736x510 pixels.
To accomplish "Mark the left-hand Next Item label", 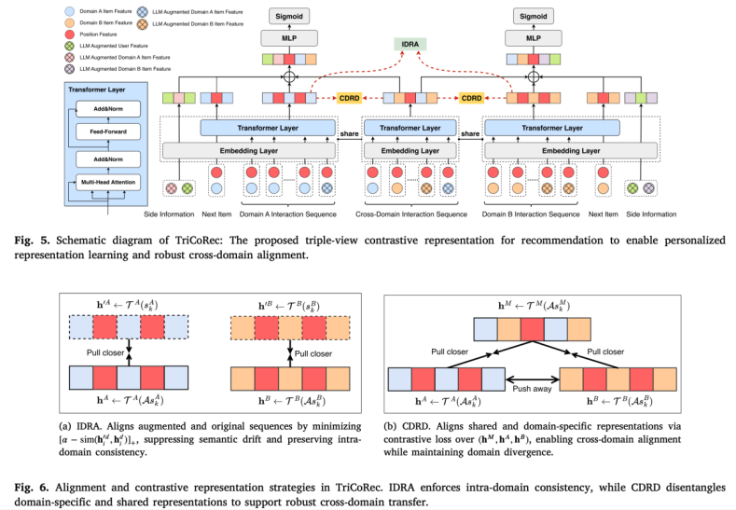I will pos(215,214).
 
